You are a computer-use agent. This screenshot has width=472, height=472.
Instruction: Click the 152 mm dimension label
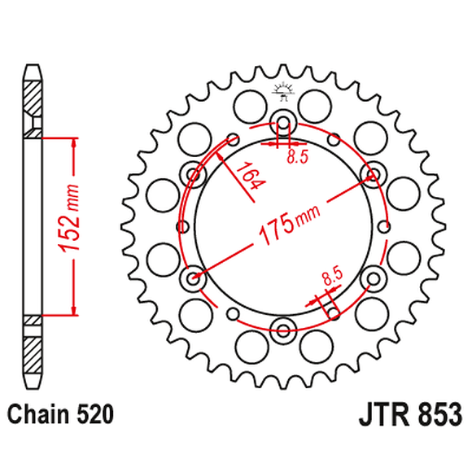point(72,225)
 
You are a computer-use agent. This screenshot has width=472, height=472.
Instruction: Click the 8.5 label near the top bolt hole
point(297,159)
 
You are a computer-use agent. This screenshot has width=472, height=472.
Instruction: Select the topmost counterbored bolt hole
point(284,124)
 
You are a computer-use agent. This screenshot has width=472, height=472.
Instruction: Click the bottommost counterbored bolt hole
point(284,329)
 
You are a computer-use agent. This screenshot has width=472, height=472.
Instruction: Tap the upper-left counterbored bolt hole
point(194,173)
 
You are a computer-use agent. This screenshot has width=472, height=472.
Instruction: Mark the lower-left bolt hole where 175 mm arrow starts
point(194,279)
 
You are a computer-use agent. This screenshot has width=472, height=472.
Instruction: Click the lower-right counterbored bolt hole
point(373,279)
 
